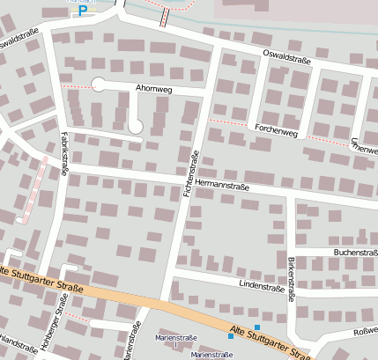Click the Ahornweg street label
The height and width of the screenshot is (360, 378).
pos(154,88)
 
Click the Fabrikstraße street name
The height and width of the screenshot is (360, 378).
pos(64,150)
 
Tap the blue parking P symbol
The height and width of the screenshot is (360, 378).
pos(84,11)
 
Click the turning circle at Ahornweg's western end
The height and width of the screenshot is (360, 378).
pos(98,84)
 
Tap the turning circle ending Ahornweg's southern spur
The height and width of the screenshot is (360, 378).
pos(135,127)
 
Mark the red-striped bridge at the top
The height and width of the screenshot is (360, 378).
pos(165,16)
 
